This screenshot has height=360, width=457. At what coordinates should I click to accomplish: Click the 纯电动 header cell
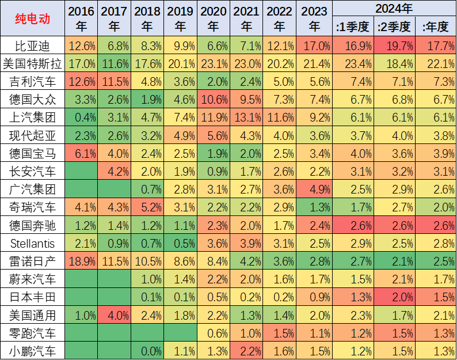tap(32, 19)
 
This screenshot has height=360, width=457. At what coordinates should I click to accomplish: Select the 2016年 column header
tap(81, 19)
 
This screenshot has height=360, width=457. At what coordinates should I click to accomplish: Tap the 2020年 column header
tap(214, 19)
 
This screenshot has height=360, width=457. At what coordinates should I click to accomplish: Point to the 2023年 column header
tap(314, 19)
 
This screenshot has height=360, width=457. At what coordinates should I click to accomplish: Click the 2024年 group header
tap(394, 9)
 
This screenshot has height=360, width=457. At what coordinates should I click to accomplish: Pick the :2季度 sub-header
tap(394, 26)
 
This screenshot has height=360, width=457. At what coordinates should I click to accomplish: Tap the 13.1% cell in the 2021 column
tap(246, 118)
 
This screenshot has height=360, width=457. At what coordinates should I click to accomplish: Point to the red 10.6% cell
tap(214, 100)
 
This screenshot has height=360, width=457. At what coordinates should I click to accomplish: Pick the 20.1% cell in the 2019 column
tap(180, 64)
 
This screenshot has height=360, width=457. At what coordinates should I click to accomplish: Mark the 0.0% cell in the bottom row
tap(147, 351)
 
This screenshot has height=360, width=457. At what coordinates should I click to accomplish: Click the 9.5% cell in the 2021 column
tap(246, 100)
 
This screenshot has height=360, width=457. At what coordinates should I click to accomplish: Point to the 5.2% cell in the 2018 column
tap(147, 207)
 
